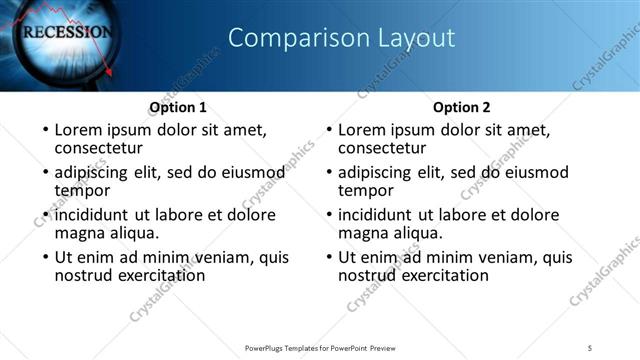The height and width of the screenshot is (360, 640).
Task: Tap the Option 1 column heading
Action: [178, 107]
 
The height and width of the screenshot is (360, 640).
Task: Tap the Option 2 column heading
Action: [462, 107]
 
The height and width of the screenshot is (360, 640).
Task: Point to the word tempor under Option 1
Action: [82, 190]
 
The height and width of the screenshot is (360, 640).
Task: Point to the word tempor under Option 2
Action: [366, 190]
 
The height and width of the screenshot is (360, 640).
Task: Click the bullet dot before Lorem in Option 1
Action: [43, 131]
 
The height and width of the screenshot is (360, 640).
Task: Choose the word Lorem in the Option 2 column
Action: [361, 130]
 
